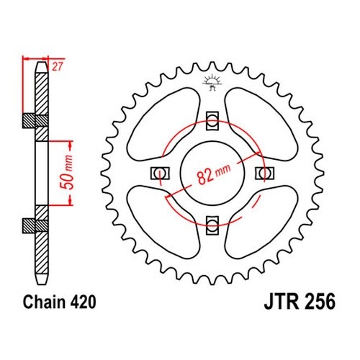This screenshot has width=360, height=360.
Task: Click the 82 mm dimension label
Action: click(x=214, y=174)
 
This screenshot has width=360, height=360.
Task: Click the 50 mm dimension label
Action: click(x=66, y=172)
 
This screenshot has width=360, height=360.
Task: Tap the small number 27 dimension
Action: click(x=58, y=66)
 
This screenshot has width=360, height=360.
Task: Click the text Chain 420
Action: click(x=59, y=302)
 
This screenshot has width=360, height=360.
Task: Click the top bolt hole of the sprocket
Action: click(x=212, y=121)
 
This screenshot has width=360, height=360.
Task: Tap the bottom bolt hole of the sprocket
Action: click(x=212, y=225)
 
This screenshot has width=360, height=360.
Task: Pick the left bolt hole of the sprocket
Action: click(x=160, y=174)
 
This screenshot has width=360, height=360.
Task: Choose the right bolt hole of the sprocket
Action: click(x=265, y=174)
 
